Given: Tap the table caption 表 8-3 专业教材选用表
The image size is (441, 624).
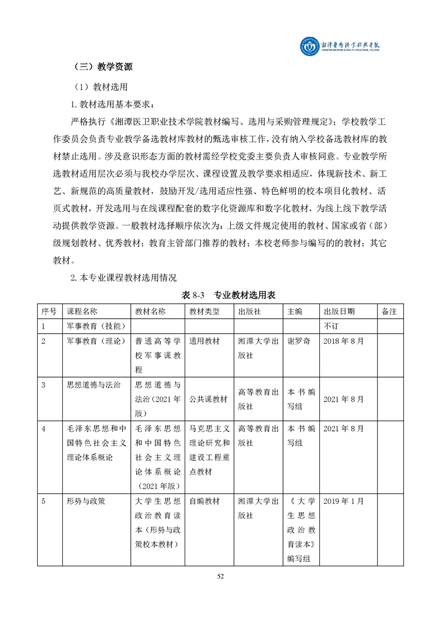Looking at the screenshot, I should (x=229, y=295).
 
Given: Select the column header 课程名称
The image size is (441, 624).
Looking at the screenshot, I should (x=82, y=311).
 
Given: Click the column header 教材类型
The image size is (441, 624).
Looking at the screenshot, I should (x=205, y=311).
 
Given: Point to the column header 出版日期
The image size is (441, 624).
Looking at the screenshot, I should (x=339, y=311).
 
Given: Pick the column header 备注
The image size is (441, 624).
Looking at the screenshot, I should (x=389, y=311).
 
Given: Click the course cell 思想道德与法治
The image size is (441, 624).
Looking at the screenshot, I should (x=93, y=384).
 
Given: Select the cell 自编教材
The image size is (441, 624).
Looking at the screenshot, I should (x=205, y=501).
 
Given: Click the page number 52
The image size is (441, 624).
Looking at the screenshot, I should (x=220, y=576).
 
